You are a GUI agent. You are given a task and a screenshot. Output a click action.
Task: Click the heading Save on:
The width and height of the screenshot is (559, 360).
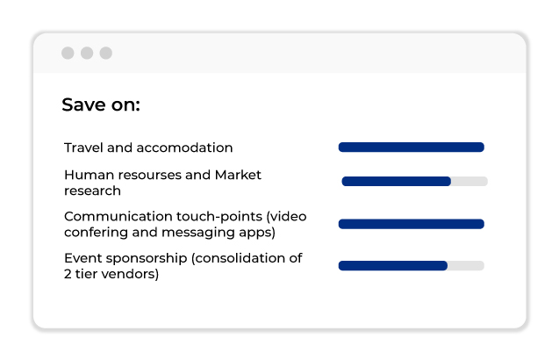(101, 104)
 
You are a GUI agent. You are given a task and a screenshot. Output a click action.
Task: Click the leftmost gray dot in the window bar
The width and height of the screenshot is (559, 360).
(68, 53)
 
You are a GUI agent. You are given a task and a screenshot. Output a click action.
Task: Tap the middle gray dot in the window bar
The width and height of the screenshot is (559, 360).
(87, 53)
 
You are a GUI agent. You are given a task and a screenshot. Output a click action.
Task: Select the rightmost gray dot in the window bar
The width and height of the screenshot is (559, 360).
(106, 53)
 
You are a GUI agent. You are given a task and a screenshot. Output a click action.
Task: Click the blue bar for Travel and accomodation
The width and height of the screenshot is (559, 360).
(412, 147)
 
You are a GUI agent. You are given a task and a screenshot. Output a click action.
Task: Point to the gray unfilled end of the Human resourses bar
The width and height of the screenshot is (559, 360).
(469, 181)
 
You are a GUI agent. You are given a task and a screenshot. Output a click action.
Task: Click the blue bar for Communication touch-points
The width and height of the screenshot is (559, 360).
(412, 224)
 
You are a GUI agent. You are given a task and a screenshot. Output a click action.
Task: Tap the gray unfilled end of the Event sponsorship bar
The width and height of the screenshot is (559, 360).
(466, 265)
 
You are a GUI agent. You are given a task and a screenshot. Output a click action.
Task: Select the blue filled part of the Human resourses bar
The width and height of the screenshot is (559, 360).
(397, 181)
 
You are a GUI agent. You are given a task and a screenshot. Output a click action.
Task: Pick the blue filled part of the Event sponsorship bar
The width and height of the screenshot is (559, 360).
(393, 265)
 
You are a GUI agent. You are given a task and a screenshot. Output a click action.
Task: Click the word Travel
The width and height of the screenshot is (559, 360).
(83, 148)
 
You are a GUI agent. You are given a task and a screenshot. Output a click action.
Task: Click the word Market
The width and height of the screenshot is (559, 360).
(238, 175)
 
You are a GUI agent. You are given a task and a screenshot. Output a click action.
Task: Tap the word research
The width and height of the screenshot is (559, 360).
(93, 191)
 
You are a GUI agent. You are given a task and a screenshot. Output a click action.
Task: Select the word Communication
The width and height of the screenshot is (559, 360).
(118, 217)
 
